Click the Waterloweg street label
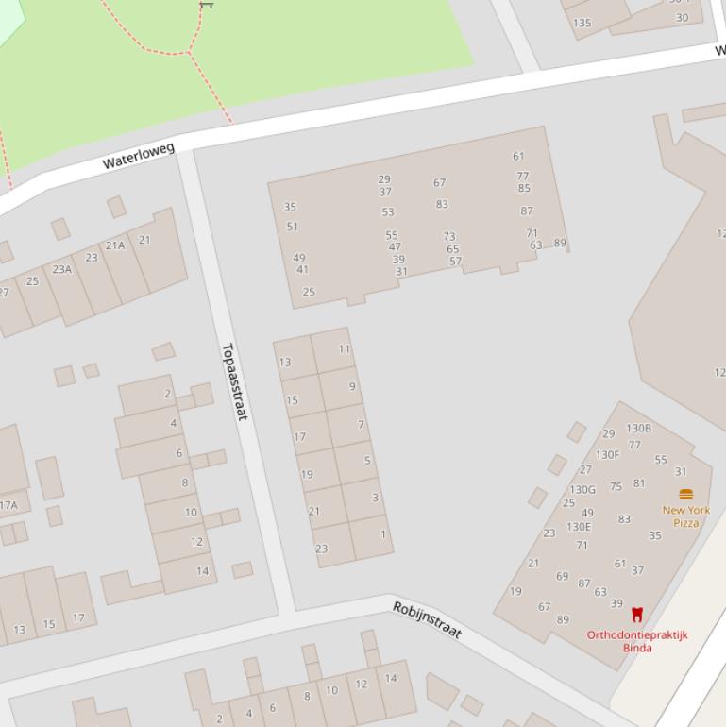[138, 156]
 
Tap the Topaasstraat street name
[233, 381]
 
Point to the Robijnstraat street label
[427, 619]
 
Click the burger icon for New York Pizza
[686, 494]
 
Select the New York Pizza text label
[686, 516]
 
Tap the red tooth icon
[637, 615]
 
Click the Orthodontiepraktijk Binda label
[637, 641]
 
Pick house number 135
[582, 23]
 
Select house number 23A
[62, 269]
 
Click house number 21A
[115, 245]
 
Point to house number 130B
[639, 429]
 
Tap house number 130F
[608, 454]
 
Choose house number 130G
[582, 489]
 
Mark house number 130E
[579, 527]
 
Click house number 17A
[8, 505]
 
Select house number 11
[345, 348]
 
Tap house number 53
[388, 212]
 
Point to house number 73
[449, 237]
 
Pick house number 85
[524, 188]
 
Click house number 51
[293, 227]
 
